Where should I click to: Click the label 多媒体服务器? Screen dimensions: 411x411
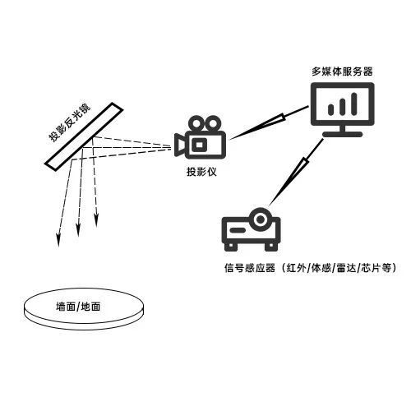tap(342, 72)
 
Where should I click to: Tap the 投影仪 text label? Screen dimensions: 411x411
tap(201, 172)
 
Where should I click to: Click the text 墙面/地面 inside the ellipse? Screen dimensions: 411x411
tap(78, 307)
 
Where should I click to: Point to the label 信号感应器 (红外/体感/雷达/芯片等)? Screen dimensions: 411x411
tap(311, 268)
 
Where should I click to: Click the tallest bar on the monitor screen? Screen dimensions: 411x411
tap(354, 104)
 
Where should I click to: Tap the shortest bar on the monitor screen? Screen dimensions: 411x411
tap(331, 109)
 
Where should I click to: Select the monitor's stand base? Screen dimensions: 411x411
tap(343, 134)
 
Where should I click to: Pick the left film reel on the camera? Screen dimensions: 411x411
tap(196, 124)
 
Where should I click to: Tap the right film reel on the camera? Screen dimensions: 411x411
tap(214, 124)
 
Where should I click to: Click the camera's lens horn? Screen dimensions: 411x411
tap(180, 145)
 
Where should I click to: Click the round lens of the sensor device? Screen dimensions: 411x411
tap(260, 219)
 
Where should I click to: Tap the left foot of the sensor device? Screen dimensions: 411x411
tap(230, 247)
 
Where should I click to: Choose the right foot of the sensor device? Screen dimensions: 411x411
tap(271, 247)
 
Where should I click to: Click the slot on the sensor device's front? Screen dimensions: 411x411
tap(238, 230)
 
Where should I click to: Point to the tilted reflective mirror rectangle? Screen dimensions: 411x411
tap(84, 136)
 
